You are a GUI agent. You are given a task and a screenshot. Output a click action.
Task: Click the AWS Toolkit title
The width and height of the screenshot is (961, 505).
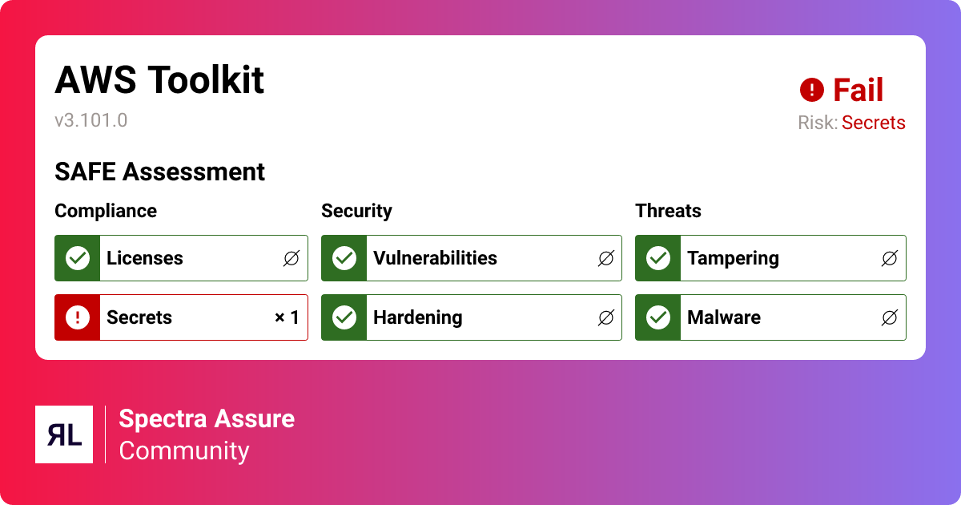(159, 80)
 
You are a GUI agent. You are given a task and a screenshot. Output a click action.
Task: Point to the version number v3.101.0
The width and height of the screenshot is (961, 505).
(90, 120)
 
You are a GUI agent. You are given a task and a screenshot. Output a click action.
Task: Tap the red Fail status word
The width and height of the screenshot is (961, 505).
(858, 90)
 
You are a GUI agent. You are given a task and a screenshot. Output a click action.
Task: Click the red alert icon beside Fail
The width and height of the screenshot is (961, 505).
(811, 90)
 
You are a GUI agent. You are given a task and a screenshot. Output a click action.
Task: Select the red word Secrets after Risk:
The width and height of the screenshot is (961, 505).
(873, 123)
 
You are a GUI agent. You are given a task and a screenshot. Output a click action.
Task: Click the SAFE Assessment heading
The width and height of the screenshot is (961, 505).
(159, 172)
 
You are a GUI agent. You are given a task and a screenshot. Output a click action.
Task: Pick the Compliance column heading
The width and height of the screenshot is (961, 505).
(106, 211)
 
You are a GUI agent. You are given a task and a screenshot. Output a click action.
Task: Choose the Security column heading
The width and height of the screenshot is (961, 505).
(356, 211)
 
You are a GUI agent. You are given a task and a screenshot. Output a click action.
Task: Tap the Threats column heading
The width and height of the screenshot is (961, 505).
(668, 211)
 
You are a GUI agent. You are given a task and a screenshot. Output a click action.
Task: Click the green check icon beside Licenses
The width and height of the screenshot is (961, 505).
(77, 258)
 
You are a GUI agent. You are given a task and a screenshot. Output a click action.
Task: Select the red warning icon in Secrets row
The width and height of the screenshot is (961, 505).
(77, 317)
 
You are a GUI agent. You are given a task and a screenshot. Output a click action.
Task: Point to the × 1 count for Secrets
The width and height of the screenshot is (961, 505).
(287, 317)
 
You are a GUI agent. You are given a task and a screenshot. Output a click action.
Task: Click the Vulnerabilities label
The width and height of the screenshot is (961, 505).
(435, 258)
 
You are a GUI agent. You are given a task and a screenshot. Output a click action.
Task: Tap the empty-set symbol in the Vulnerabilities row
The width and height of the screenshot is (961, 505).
(605, 258)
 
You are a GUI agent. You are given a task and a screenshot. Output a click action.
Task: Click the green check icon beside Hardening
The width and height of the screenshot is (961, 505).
(344, 317)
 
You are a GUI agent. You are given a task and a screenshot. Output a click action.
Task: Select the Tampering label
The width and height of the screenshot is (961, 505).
(733, 258)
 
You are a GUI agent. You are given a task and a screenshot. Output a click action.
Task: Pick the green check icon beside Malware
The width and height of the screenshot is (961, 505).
(657, 317)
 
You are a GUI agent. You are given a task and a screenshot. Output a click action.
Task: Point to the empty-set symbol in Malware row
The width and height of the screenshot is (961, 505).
(889, 317)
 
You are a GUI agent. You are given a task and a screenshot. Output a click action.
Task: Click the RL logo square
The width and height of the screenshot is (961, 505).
(64, 434)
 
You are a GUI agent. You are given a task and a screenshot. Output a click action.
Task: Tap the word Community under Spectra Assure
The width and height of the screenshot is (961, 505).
(184, 450)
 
